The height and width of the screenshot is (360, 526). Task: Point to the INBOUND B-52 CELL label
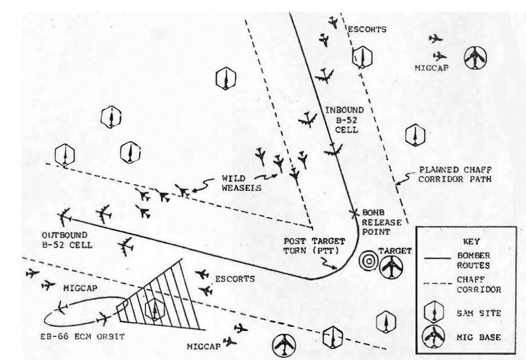343,121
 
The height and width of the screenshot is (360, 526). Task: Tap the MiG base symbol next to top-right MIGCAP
475,58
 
